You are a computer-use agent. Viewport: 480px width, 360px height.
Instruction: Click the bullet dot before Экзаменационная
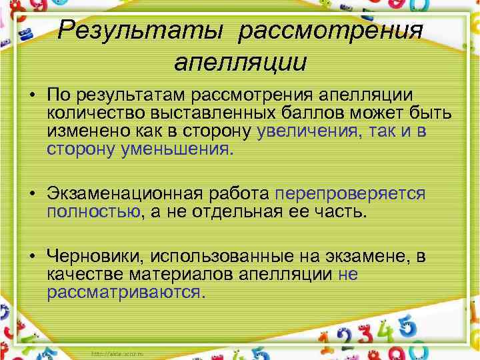[x=33, y=194]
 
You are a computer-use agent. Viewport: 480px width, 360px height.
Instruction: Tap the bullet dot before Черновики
[x=33, y=257]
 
